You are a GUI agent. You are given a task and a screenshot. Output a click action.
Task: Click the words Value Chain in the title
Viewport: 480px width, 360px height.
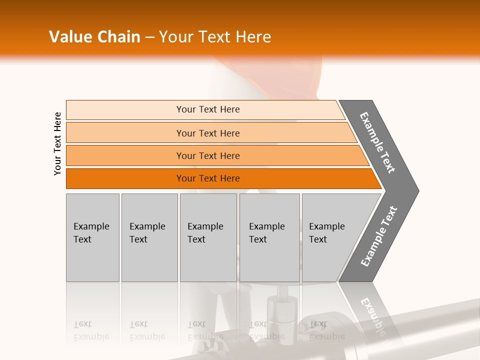(94, 37)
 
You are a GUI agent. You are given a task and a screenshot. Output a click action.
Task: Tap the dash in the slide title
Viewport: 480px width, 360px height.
(149, 37)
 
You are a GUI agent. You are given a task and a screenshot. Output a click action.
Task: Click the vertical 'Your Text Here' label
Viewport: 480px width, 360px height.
(57, 143)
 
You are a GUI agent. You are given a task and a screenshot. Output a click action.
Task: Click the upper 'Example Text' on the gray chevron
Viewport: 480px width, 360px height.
(377, 142)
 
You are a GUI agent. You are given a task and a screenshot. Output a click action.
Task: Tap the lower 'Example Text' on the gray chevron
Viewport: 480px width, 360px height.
(379, 236)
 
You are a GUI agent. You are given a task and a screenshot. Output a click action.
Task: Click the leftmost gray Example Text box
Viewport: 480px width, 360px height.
(92, 237)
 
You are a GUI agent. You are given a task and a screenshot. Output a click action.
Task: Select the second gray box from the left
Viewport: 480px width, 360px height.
(149, 237)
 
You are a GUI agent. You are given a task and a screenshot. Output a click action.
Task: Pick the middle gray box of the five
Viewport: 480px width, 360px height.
(208, 237)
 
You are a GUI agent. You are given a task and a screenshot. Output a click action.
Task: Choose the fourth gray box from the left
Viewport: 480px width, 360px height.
(269, 237)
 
